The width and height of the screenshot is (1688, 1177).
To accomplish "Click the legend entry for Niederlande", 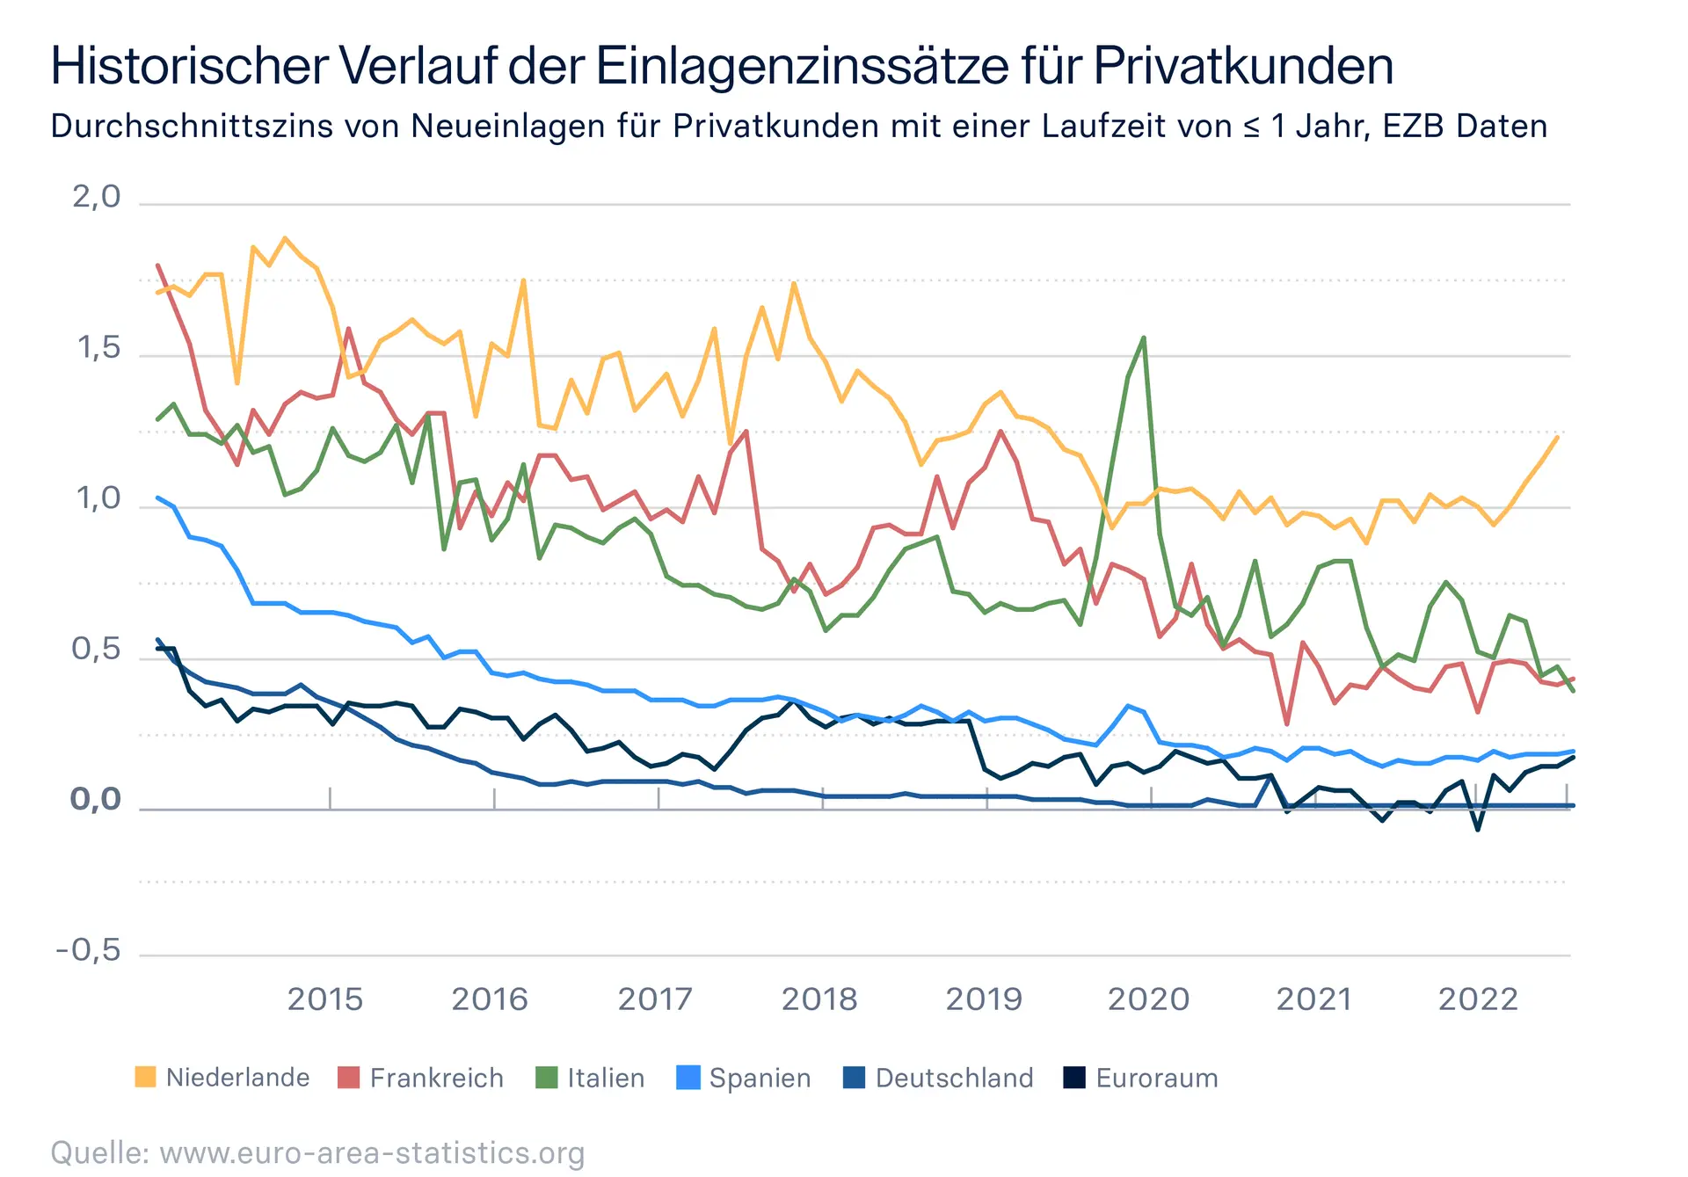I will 222,1078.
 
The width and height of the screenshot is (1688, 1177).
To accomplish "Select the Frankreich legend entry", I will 421,1078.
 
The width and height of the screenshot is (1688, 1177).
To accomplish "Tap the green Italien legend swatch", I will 547,1078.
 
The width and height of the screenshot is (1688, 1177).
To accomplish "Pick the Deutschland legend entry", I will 938,1078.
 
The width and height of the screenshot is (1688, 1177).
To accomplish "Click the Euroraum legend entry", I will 1140,1078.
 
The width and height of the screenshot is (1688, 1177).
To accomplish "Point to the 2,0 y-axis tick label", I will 96,197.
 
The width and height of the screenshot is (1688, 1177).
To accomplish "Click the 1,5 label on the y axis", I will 98,348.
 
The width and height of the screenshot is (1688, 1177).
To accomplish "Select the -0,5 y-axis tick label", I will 88,950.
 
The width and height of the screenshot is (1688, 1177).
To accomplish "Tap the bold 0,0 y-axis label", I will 95,800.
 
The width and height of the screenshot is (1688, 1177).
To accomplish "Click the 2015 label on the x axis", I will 324,999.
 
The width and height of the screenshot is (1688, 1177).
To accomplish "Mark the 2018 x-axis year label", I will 819,999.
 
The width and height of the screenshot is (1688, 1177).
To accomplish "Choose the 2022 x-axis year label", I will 1478,999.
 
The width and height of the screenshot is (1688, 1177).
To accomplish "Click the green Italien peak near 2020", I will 1143,338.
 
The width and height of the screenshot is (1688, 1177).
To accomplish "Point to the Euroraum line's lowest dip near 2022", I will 1477,829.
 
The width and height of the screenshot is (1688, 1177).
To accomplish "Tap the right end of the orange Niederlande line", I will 1557,437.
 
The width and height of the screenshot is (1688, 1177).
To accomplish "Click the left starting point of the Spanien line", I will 158,498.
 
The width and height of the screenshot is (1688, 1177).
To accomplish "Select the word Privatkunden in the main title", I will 1243,65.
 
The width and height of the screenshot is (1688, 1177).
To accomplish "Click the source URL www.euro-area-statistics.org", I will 372,1152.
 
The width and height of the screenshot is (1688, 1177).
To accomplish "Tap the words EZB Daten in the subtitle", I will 1465,127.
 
